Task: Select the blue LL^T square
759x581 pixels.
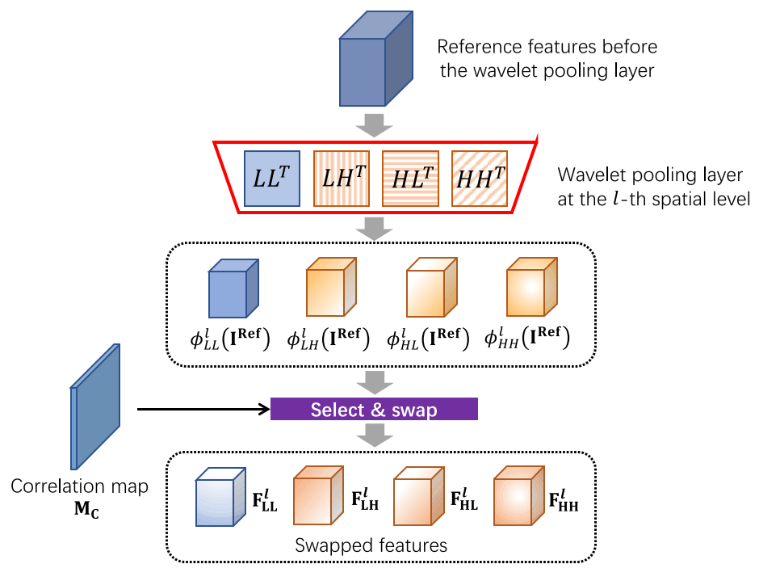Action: [x=272, y=178]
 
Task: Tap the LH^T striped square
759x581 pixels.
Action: [x=341, y=178]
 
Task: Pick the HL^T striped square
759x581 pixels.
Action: [x=410, y=178]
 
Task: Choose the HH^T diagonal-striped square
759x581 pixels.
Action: [x=479, y=178]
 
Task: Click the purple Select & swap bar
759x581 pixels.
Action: [x=374, y=410]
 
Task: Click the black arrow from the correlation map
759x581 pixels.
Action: [x=202, y=410]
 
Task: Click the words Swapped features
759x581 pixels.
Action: [x=371, y=545]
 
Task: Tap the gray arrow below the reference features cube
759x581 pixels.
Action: [x=375, y=126]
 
